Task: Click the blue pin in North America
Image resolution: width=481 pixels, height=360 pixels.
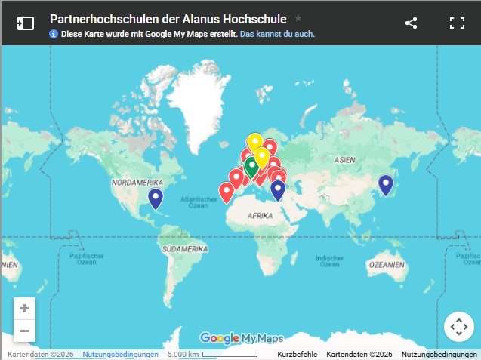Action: tap(156, 198)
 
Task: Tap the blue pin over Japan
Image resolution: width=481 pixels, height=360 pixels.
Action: tap(386, 184)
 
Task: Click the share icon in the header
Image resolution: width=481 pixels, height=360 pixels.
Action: tap(412, 23)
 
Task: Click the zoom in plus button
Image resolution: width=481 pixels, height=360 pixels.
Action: tap(25, 309)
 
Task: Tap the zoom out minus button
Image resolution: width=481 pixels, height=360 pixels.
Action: tap(25, 331)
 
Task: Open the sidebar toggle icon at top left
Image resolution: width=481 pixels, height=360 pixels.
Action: tap(25, 23)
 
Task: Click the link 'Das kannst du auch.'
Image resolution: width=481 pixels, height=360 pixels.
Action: tap(277, 34)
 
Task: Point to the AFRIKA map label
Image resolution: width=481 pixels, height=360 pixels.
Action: tap(260, 215)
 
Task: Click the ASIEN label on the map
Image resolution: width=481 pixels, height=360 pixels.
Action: tap(344, 160)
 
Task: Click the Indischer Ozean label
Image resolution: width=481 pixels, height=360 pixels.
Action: tap(328, 260)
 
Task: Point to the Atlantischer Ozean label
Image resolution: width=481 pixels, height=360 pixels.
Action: tap(198, 202)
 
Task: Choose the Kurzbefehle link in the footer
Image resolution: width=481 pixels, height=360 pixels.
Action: tap(298, 355)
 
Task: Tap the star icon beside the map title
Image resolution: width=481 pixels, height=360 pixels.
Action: tap(298, 17)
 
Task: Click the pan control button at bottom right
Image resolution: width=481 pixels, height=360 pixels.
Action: tap(458, 327)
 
